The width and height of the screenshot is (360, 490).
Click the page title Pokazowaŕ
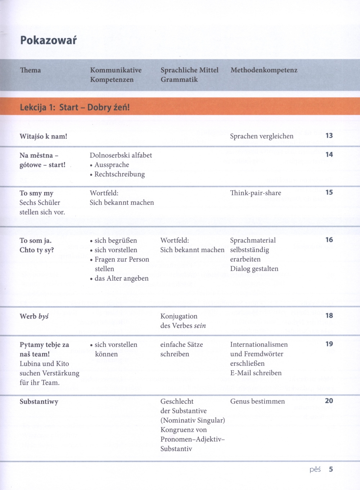coord(48,40)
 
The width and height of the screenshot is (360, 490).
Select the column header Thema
coord(31,70)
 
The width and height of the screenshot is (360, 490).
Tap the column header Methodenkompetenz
coord(264,70)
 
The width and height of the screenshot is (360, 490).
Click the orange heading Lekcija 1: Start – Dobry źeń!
coord(75,107)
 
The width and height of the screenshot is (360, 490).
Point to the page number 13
coord(329,135)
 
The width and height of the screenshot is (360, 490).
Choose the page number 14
coord(329,155)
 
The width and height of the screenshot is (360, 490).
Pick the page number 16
coord(329,240)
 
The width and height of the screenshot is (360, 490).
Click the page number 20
coord(329,401)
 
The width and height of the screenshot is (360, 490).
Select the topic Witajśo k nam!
coord(43,136)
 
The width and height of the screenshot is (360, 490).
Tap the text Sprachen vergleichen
coord(262,136)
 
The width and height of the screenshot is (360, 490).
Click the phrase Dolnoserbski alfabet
coord(121,155)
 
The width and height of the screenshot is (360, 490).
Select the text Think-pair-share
coord(256,193)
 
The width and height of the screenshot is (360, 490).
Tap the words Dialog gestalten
coord(254,269)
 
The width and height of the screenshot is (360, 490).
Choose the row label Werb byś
coord(34,316)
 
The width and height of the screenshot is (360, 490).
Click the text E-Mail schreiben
coord(256,373)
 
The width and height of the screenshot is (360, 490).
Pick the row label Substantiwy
coord(39,402)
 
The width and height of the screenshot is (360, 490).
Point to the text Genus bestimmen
coord(257,401)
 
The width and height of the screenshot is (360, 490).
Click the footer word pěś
coord(315,470)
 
